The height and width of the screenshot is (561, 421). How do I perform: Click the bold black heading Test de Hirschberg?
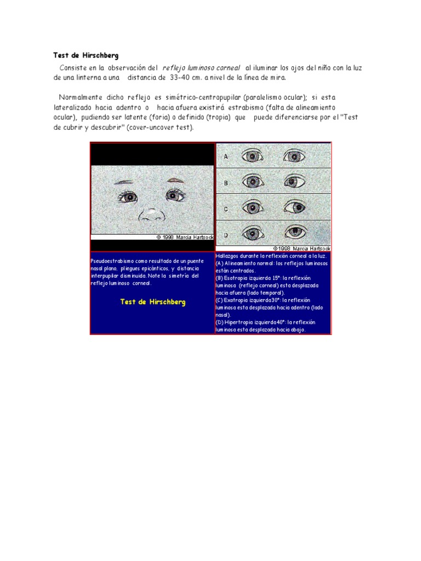pos(86,55)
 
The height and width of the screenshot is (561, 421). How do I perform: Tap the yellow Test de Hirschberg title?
pos(152,302)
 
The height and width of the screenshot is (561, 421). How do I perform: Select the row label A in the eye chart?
pos(225,156)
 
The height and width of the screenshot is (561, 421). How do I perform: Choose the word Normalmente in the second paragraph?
pos(82,98)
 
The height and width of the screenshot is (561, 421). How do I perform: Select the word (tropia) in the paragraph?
pos(215,117)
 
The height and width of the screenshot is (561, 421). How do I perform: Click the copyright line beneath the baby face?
pos(185,237)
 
